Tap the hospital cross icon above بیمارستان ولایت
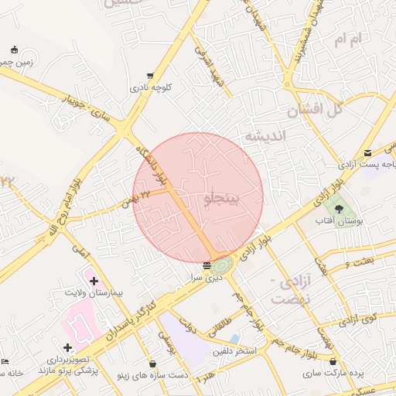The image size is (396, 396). (x=94, y=281)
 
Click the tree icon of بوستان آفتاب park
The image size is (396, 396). (x=338, y=207)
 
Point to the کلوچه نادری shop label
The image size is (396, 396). (x=151, y=88)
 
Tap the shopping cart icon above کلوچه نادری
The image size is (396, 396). (x=150, y=77)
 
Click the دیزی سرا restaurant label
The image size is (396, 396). (x=207, y=276)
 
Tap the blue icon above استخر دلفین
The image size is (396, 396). (x=234, y=339)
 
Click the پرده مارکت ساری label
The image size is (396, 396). (x=334, y=374)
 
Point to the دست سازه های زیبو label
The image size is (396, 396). (x=152, y=375)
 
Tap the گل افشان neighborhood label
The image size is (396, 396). (x=315, y=111)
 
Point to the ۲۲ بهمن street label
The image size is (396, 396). (x=135, y=200)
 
